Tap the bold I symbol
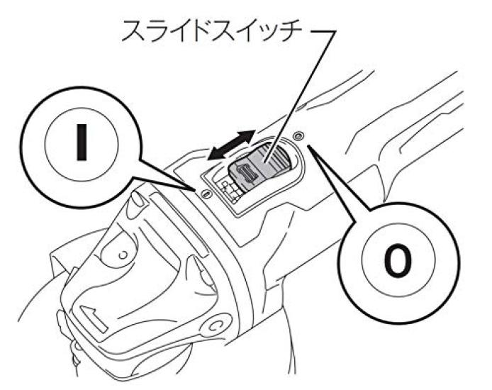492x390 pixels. pos(82,142)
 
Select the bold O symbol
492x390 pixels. pos(398,260)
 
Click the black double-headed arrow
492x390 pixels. pos(232,145)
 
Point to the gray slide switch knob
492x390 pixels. pos(259,167)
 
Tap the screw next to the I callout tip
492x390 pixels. pos(206,194)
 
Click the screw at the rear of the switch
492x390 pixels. pos(298,135)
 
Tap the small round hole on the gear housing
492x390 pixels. pos(123,255)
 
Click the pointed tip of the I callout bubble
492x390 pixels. pos(192,189)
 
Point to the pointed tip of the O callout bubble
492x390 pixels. pos(310,145)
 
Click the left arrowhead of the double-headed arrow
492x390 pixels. pos(216,155)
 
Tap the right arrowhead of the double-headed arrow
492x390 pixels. pos(248,135)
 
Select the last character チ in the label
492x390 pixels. pos(291,31)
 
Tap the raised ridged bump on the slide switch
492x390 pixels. pos(247,174)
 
